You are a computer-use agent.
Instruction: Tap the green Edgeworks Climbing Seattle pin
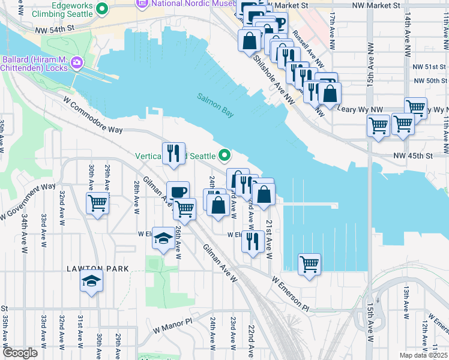[x=101, y=9]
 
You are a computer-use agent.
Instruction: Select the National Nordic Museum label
[x=185, y=4]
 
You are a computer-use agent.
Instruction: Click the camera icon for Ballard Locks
[x=77, y=62]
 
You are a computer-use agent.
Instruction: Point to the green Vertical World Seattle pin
[x=225, y=156]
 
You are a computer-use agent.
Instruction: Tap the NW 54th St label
[x=55, y=28]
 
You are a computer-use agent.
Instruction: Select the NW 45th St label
[x=413, y=156]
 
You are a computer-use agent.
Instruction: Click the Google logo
[x=20, y=353]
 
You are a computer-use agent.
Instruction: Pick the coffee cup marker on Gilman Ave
[x=177, y=192]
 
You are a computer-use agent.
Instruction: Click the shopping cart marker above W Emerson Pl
[x=309, y=264]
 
